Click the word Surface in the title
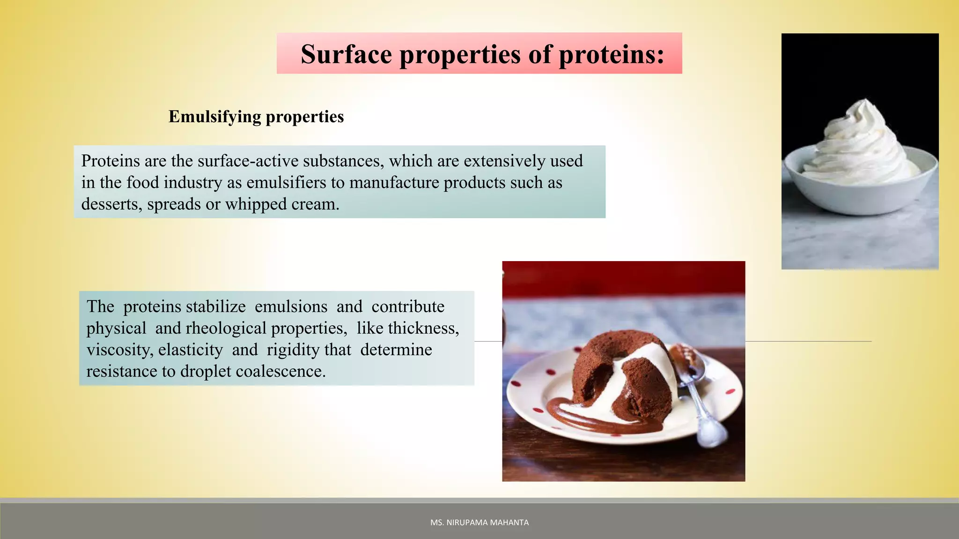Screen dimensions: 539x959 tap(346, 54)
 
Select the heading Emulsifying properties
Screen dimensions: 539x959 tap(256, 117)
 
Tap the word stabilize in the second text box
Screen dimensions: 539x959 tap(215, 306)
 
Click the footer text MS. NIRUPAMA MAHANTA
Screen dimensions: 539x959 tap(479, 522)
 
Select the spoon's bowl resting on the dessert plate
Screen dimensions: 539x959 tap(712, 433)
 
